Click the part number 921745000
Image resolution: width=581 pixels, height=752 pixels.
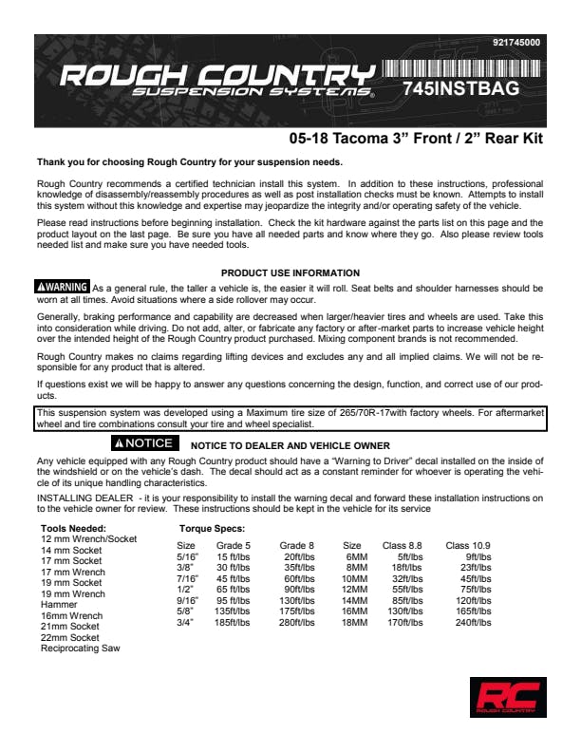point(516,43)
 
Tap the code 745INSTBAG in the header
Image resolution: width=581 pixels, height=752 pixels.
point(460,88)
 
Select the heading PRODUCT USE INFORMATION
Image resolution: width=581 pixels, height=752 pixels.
point(290,273)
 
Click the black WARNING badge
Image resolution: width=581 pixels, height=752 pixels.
point(63,287)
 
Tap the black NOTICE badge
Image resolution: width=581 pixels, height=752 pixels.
point(142,443)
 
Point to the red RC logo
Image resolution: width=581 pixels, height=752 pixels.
point(507,697)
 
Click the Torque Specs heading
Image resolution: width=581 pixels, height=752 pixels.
point(212,528)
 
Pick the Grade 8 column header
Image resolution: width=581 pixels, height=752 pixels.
point(297,545)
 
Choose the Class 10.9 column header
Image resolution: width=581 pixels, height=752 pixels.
point(468,545)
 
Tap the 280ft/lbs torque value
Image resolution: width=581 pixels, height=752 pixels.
point(297,623)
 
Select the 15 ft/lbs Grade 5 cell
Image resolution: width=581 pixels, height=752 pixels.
point(233,556)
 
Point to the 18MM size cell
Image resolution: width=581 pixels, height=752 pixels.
point(354,623)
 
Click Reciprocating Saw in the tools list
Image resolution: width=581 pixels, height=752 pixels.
point(81,649)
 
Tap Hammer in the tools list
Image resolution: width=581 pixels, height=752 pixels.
point(59,605)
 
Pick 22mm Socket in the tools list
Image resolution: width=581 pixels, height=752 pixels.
point(69,638)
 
